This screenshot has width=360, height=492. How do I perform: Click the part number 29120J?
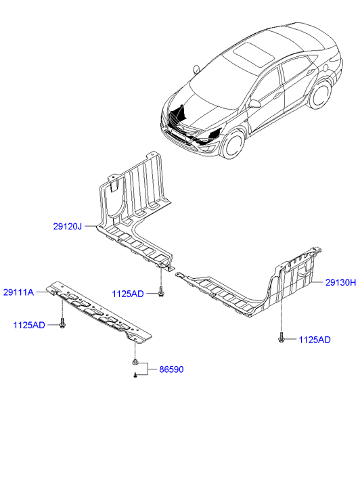pos(67,226)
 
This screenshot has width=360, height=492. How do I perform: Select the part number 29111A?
pos(18,292)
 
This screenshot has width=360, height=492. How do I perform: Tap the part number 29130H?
pos(340,283)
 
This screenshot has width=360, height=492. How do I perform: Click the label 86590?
pos(171,370)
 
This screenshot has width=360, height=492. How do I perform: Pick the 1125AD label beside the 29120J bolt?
pos(128,294)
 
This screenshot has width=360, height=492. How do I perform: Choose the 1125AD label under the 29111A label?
pos(29,325)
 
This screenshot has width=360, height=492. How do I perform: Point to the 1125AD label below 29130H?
pos(315,340)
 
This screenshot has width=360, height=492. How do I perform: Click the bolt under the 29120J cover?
pos(161,292)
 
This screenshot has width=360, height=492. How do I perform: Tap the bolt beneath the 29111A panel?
pos(62,323)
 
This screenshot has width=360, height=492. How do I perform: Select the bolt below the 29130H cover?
pos(281,338)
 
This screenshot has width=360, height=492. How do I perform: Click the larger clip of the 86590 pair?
pos(135,362)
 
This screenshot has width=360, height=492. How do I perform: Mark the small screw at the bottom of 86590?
pos(135,374)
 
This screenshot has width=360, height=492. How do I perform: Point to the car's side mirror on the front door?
pos(254,104)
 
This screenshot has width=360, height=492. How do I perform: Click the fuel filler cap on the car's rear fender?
pos(325,67)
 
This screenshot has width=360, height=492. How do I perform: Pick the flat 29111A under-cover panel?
pos(99,313)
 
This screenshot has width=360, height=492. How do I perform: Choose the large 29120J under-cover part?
pos(135,213)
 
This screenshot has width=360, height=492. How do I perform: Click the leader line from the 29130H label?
pos(317,282)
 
